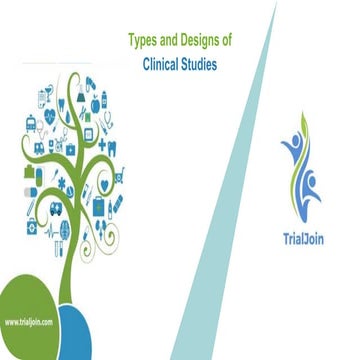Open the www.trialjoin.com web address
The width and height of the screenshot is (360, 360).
(x=28, y=322)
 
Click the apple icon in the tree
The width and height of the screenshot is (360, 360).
(x=95, y=103)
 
